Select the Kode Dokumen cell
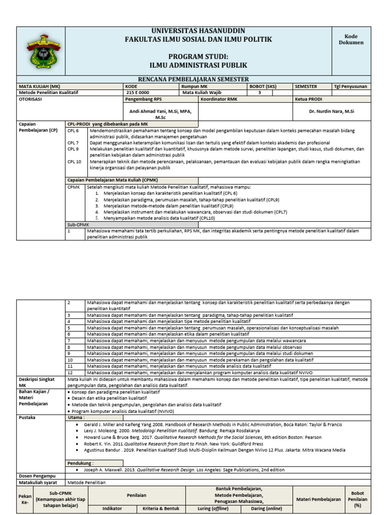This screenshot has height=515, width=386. click(354, 40)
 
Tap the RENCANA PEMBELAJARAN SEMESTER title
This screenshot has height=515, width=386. click(200, 79)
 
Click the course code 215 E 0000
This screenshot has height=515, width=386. click(138, 93)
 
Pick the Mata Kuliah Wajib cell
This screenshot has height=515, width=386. click(202, 93)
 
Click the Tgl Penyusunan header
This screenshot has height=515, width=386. click(350, 86)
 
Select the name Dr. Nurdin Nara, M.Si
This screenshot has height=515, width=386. click(331, 111)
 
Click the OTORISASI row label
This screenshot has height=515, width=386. click(31, 99)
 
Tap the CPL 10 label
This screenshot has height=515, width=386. click(74, 162)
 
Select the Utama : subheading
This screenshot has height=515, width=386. click(77, 417)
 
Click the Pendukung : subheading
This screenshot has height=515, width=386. click(81, 462)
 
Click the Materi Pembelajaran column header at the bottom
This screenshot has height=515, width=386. click(319, 499)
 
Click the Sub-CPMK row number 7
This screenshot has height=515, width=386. click(70, 340)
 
